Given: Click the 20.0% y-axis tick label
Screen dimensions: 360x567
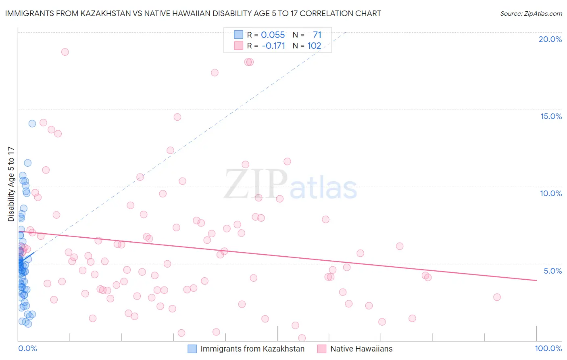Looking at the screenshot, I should (550, 39).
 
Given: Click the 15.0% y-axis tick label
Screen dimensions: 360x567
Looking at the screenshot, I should (551, 116).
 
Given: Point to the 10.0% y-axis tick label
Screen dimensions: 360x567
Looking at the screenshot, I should (551, 193).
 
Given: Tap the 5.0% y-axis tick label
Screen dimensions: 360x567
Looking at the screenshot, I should (552, 271).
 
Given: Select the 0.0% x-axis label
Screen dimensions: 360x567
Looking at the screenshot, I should (27, 348).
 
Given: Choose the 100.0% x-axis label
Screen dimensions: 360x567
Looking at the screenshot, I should (548, 348).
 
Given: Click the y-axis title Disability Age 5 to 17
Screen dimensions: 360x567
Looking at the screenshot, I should (11, 184).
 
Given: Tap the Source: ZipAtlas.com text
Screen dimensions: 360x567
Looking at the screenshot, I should (531, 14).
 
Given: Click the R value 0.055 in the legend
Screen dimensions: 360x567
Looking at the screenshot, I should (273, 35).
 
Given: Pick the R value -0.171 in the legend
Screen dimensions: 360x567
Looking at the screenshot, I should (273, 46).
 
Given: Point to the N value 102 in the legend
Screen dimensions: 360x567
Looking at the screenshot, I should (314, 46).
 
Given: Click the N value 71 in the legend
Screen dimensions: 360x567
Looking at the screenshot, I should (317, 35).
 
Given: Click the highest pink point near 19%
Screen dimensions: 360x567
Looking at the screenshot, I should (65, 52).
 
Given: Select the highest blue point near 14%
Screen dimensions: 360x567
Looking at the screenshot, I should (32, 123).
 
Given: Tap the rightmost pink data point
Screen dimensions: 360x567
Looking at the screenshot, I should (497, 297).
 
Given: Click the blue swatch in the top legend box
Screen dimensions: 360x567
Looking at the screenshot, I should (239, 35).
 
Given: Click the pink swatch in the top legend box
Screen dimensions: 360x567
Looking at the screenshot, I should (239, 46).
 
